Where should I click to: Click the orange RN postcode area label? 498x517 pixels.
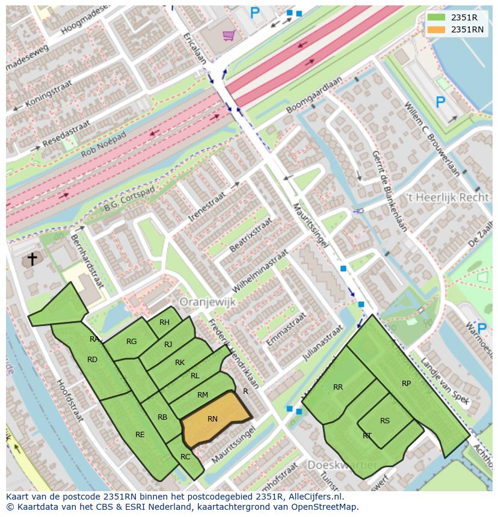click(212, 419)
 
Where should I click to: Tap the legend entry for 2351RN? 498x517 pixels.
click(467, 29)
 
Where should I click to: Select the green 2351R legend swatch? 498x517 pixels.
click(436, 17)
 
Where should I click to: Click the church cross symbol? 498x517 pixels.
click(32, 259)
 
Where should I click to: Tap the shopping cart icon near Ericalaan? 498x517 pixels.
click(228, 35)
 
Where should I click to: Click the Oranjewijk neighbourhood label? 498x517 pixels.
click(207, 302)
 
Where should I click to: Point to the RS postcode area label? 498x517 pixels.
click(385, 420)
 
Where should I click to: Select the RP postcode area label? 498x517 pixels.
click(407, 383)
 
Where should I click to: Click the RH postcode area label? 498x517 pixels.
click(164, 322)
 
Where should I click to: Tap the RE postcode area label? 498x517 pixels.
click(140, 434)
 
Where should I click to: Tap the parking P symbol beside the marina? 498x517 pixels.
click(440, 102)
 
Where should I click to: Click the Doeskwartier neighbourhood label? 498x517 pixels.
click(342, 465)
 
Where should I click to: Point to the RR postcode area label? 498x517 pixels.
click(338, 387)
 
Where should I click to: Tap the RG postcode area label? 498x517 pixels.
click(132, 341)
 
